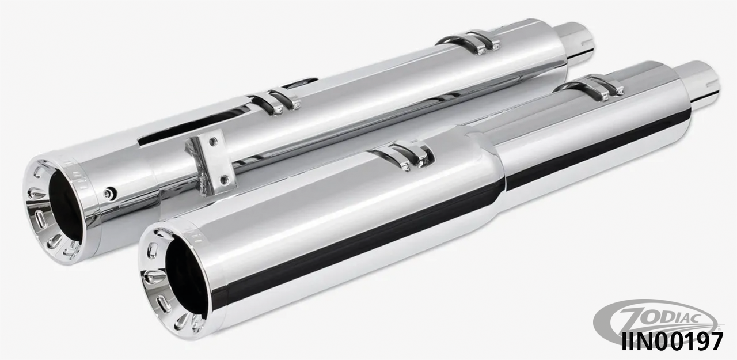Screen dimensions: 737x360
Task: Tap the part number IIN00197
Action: pos(672,342)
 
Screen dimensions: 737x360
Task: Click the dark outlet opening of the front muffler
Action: pos(186,278)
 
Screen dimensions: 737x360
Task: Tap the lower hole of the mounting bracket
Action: pos(224,180)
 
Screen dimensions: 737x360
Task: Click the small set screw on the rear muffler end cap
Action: pos(110,194)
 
